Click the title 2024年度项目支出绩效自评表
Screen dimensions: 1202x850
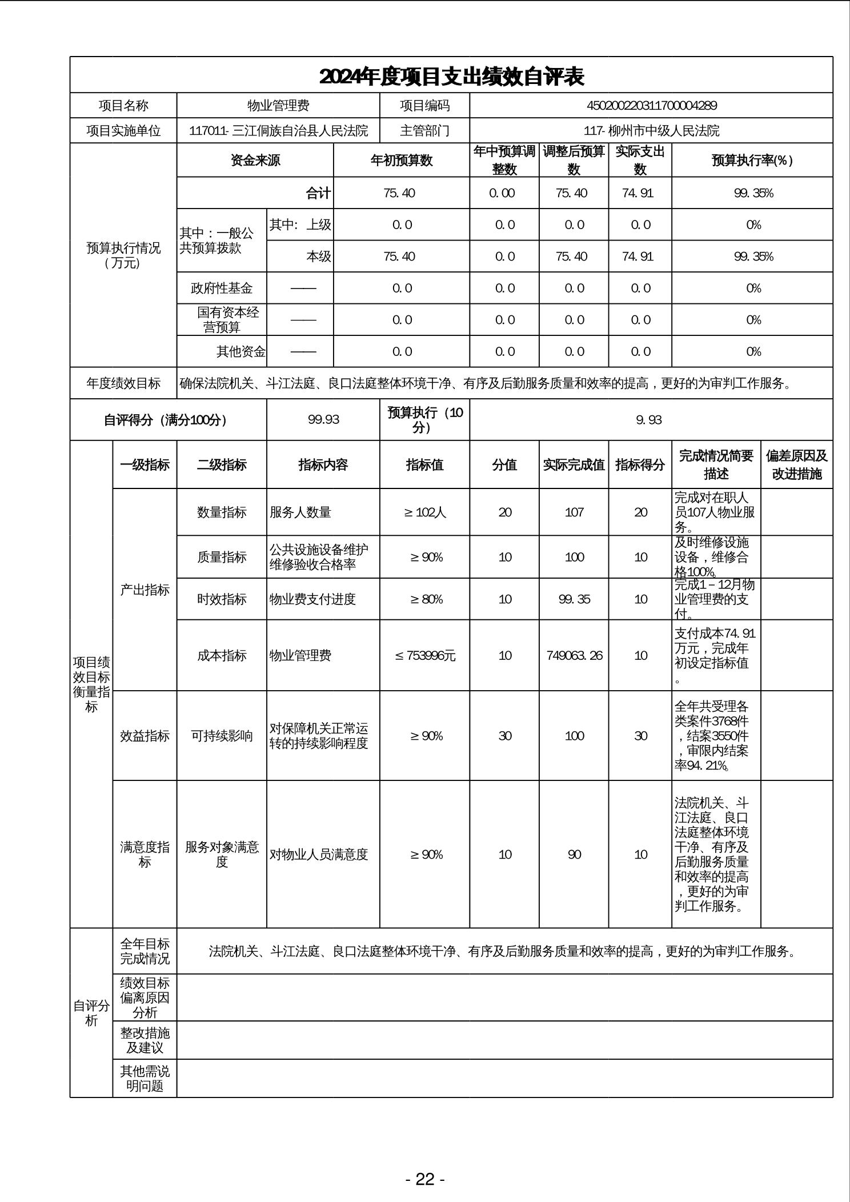[x=451, y=77]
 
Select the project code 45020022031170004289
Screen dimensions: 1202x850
[x=651, y=106]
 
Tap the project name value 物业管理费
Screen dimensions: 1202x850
[x=278, y=106]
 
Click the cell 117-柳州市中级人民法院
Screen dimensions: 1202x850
[x=651, y=131]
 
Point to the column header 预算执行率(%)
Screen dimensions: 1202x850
[x=752, y=161]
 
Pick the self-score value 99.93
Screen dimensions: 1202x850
[x=323, y=420]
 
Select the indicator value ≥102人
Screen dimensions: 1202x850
[x=425, y=512]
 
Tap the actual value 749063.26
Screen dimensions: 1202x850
[x=574, y=656]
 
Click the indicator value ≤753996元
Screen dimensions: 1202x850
[x=425, y=656]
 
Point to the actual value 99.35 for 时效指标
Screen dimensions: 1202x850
[x=574, y=599]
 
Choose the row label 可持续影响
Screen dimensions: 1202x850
[x=222, y=736]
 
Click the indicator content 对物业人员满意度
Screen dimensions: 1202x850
[x=319, y=855]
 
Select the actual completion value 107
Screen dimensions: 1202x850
[x=574, y=512]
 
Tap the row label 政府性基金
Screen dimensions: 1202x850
[x=222, y=288]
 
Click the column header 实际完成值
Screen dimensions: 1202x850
[x=574, y=465]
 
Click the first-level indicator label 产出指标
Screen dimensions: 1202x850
[x=145, y=590]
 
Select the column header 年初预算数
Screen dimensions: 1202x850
[x=402, y=161]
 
